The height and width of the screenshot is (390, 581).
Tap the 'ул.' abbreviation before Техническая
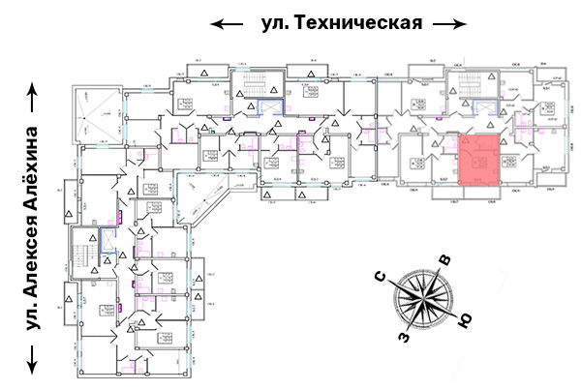pos(277,22)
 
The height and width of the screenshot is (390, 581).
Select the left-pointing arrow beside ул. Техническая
pos(229,23)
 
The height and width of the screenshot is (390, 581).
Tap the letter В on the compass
pos(445,259)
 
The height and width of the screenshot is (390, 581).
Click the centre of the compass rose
pos(423,299)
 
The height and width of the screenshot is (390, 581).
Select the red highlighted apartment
pos(479,162)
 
